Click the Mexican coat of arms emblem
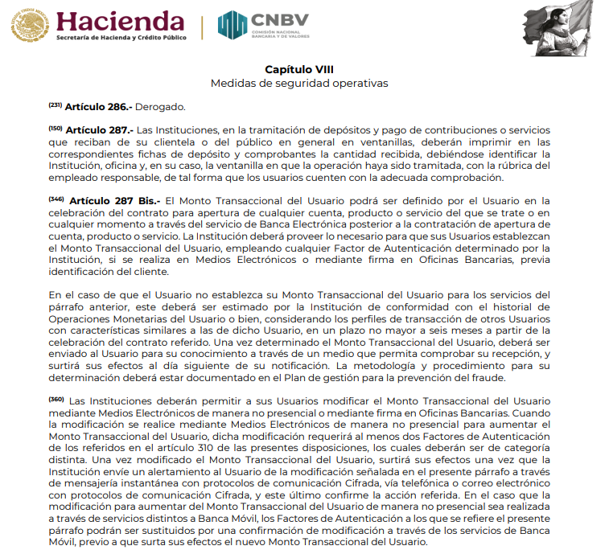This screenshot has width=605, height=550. pos(29,23)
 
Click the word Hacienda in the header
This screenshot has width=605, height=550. pos(120,19)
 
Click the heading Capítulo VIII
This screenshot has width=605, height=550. pos(298,69)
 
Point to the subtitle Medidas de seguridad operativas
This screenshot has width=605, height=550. pos(298,83)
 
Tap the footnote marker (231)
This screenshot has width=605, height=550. pos(55,105)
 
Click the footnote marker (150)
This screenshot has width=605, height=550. pos(55,127)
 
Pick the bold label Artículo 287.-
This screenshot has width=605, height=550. pos(97,129)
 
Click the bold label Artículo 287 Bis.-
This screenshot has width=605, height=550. pos(115,199)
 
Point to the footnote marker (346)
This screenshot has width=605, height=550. pos(56,198)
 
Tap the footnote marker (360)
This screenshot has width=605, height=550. pos(56,399)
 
